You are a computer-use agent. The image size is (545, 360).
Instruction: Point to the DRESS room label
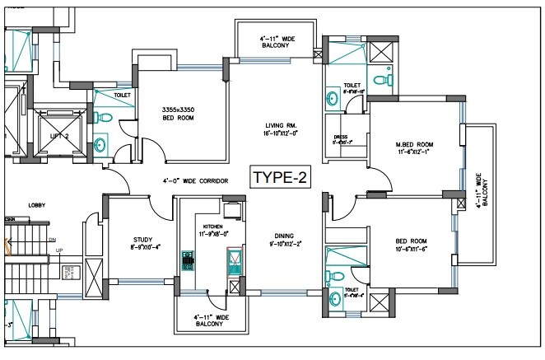click(x=342, y=140)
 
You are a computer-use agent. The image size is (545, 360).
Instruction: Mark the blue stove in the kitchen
click(x=186, y=266)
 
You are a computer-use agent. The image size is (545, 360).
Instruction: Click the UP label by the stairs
click(x=58, y=250)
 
